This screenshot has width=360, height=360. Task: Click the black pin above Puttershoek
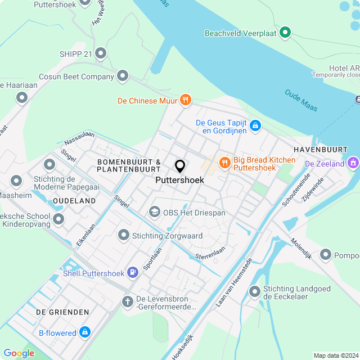[x=180, y=166]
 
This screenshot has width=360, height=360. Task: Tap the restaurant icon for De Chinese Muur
[x=186, y=101]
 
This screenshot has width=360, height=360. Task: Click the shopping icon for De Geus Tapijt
[x=255, y=125]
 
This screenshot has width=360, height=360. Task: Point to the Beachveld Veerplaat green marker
[x=285, y=33]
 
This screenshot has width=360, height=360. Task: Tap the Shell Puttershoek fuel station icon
[x=133, y=273]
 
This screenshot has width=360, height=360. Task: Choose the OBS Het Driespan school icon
[x=153, y=212]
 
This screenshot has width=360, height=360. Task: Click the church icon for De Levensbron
[x=127, y=302]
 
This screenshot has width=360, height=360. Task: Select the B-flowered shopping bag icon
[x=85, y=332]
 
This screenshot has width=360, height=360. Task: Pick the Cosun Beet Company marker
[x=123, y=76]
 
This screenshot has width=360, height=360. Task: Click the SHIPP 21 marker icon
[x=101, y=54]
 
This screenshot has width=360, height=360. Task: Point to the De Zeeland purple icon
[x=353, y=164]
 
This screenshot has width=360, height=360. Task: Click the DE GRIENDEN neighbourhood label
[x=62, y=312]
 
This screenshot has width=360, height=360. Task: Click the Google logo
[x=19, y=353]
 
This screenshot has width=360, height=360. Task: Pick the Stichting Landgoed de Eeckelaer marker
[x=255, y=291]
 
